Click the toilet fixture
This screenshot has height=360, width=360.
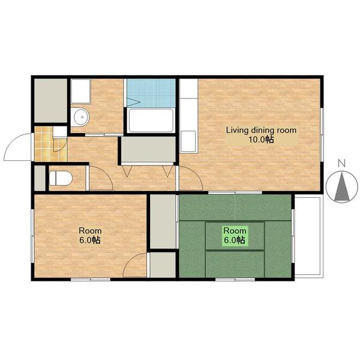pos(61,178)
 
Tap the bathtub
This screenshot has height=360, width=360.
pos(151,121)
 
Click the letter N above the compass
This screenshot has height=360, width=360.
pos(342,163)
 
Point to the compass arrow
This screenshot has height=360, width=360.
pos(342,187)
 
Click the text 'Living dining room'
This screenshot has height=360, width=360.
pos(261,130)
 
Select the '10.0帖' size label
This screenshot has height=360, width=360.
pos(262,139)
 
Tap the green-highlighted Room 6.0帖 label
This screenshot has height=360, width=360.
pos(235,235)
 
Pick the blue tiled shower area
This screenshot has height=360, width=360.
pos(151,93)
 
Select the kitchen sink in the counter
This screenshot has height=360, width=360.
pos(188,141)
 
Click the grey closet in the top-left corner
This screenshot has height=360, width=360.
pos(50,100)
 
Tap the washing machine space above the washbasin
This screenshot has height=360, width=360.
pos(80,91)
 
